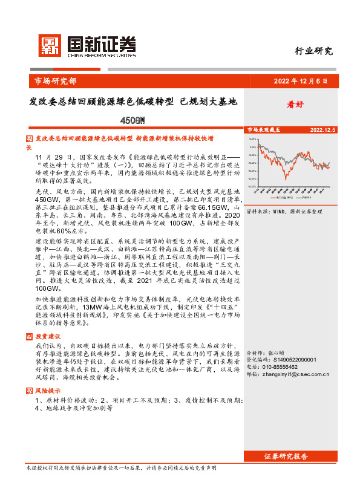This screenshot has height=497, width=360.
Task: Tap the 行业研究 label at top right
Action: [x=313, y=51]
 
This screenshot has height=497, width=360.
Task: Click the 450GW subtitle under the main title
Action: [x=134, y=120]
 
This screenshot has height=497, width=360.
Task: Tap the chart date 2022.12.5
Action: [x=322, y=129]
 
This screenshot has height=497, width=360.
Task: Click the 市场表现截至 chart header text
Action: [x=263, y=129]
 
